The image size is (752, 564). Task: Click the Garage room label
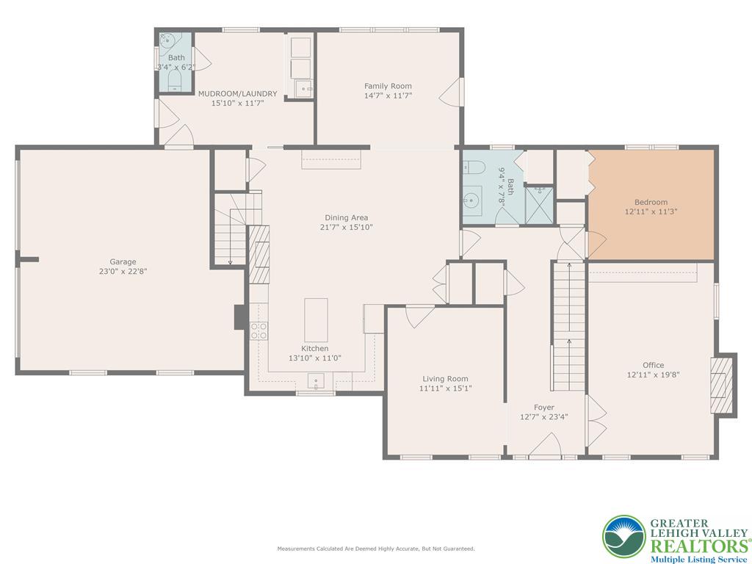[123, 262]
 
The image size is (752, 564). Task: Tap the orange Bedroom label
[651, 203]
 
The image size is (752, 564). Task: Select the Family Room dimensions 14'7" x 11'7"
[388, 95]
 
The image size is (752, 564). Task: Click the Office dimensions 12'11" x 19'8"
[653, 375]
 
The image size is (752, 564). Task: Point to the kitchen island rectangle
[316, 320]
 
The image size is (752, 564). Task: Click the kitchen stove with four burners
[259, 331]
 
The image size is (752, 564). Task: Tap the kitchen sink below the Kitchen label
[316, 382]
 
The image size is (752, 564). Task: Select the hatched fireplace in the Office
[722, 385]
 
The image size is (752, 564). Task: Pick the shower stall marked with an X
[540, 206]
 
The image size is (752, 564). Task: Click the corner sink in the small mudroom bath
[166, 41]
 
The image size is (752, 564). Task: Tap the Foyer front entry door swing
[546, 446]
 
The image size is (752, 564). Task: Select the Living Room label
[445, 379]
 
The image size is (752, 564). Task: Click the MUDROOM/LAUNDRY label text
[238, 93]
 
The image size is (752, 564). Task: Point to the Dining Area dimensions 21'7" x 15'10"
[347, 227]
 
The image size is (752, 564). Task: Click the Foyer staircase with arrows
[569, 326]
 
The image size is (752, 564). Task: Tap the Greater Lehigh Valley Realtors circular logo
[624, 537]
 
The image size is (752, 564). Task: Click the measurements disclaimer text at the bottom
[376, 548]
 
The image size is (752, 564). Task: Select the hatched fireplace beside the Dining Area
[258, 254]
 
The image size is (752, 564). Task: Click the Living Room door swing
[419, 317]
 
